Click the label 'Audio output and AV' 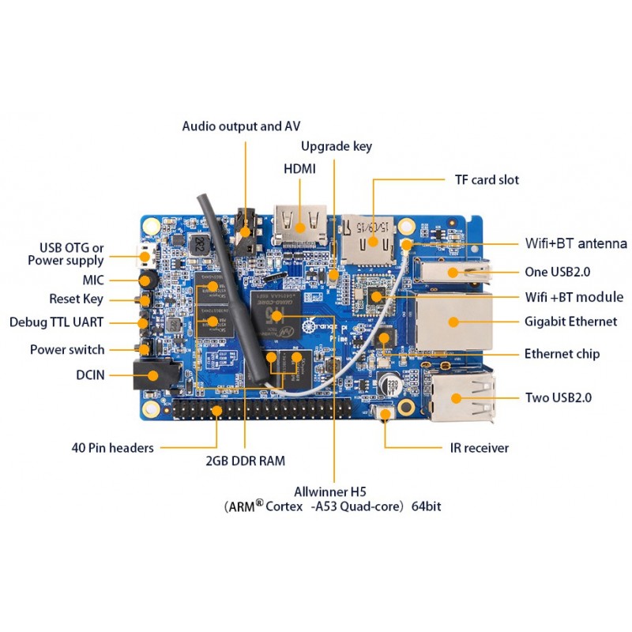pos(241,126)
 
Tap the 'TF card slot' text pos(487,180)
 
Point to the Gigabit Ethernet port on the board pos(452,322)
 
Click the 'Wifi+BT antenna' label pos(576,243)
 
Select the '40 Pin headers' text pos(112,448)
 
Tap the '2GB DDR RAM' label pos(245,461)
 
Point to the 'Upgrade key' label pos(336,146)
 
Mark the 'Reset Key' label pos(76,299)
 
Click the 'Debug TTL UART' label pos(57,322)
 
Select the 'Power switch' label pos(67,350)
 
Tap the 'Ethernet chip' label pos(562,353)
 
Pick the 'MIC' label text pos(93,280)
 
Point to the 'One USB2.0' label pos(558,272)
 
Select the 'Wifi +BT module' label pos(574,297)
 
